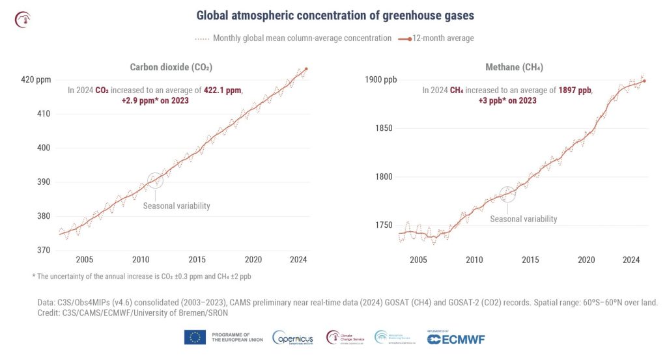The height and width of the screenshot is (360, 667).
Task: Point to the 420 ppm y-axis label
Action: tap(36, 80)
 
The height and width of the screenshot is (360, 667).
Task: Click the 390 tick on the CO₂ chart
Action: tap(44, 182)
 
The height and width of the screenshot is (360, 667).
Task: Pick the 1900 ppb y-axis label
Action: tap(380, 80)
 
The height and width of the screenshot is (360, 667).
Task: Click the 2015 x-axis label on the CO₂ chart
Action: tap(197, 260)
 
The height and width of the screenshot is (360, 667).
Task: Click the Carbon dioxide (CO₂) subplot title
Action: tap(171, 67)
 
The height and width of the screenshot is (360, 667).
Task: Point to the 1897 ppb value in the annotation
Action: tap(575, 90)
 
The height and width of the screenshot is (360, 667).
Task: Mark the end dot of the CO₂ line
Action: tap(306, 69)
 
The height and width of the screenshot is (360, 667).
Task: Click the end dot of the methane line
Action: tap(644, 81)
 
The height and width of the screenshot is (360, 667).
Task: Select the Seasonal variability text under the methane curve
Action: tap(523, 219)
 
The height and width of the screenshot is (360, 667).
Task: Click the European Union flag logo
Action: tap(195, 337)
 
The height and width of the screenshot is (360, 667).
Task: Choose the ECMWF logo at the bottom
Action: tap(456, 339)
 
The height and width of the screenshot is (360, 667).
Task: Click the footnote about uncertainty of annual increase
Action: tap(141, 277)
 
